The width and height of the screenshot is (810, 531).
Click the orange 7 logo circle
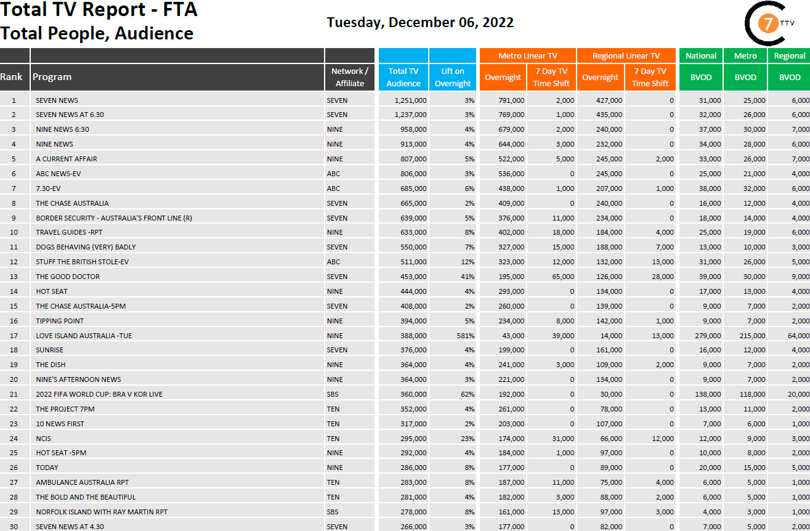click(767, 25)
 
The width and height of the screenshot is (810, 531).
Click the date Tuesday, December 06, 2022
click(420, 23)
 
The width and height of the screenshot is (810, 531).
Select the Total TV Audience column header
click(403, 77)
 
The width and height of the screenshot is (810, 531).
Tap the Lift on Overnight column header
click(453, 77)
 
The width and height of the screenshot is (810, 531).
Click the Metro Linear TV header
click(527, 55)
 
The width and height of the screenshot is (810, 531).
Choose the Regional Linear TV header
click(626, 55)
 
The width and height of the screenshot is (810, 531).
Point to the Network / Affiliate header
click(350, 77)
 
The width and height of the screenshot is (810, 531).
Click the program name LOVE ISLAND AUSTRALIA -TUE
click(84, 335)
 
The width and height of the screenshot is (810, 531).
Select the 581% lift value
click(464, 335)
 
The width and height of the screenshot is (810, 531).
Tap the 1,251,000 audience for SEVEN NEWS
click(410, 100)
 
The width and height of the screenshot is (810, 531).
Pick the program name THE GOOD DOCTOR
click(68, 277)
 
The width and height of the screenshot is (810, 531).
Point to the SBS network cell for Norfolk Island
click(333, 512)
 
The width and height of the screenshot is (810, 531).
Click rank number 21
click(14, 394)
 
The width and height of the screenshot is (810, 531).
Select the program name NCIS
click(43, 439)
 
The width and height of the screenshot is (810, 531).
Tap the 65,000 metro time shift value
click(563, 277)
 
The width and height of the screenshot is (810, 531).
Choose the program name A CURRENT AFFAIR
click(67, 159)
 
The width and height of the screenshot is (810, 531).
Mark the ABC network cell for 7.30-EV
click(333, 188)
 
